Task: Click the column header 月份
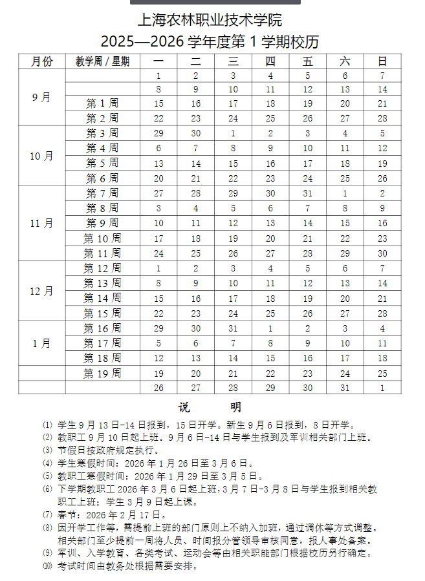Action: [42, 61]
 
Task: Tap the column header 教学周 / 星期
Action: [102, 61]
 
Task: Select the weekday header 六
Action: [345, 61]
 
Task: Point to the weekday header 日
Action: [382, 61]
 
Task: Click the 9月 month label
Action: [42, 98]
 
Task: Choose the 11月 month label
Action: [42, 224]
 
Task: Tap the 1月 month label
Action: [42, 343]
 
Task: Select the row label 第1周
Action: [102, 103]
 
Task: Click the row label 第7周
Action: [102, 193]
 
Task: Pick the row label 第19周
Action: [102, 374]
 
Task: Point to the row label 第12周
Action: [102, 268]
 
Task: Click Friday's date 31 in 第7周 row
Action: [308, 193]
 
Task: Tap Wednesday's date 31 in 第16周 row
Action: [234, 328]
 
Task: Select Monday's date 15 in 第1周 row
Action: [158, 103]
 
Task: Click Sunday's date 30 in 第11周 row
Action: [382, 253]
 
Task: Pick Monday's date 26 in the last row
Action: [158, 388]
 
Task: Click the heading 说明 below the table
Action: [210, 407]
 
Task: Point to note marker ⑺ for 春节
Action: [47, 515]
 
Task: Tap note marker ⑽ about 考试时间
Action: [47, 566]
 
